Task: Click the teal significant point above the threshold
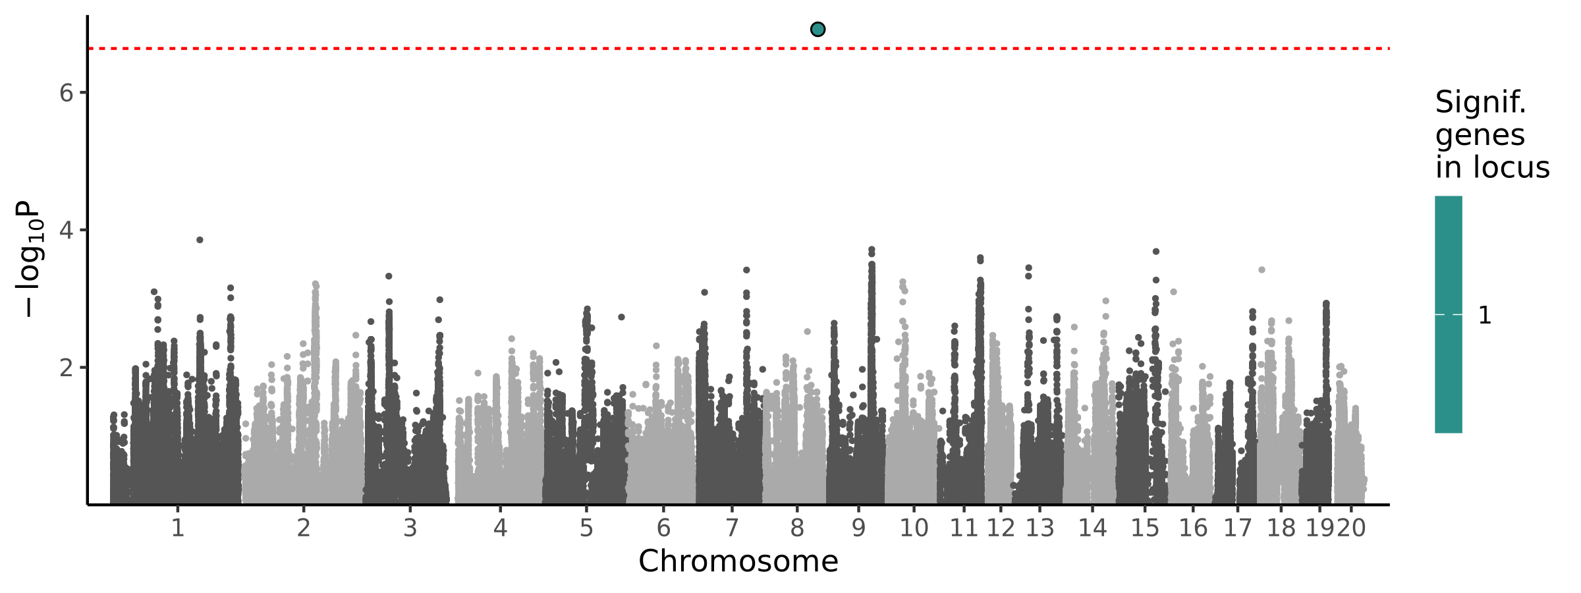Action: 818,29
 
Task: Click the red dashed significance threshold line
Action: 461,48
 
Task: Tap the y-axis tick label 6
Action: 66,93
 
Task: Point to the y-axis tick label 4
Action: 66,230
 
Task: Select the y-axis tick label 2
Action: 66,368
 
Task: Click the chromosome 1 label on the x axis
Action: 177,528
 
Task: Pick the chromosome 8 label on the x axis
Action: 797,528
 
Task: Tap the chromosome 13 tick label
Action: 1040,528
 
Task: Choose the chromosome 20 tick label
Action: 1351,528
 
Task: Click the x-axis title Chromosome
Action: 738,561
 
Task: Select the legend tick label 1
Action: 1484,316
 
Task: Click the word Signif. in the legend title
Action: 1480,103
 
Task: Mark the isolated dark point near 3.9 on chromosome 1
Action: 200,240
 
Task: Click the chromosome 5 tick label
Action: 586,528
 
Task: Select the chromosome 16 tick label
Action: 1193,528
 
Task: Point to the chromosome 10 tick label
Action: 914,528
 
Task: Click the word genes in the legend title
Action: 1480,135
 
